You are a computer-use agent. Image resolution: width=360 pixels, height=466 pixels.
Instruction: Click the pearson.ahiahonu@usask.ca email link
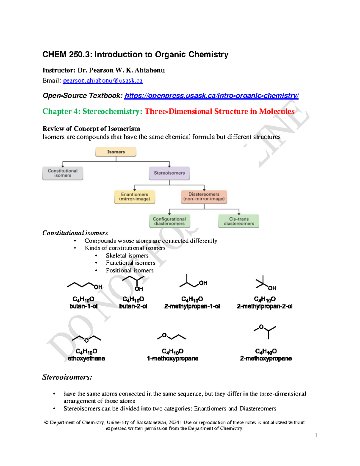point(103,80)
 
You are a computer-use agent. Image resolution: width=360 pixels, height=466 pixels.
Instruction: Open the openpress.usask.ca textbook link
point(211,95)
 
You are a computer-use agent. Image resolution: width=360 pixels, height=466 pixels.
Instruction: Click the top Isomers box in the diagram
point(116,152)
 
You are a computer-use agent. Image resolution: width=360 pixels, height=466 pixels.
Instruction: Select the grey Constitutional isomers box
point(63,173)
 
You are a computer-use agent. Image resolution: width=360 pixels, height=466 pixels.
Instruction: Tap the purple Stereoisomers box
point(169,173)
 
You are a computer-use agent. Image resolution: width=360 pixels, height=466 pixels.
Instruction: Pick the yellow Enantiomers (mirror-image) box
point(135,197)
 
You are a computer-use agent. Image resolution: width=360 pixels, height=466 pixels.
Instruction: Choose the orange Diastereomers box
point(204,197)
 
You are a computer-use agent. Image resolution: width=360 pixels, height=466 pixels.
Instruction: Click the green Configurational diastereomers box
point(169,221)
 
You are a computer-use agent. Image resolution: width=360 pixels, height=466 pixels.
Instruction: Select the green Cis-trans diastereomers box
point(239,221)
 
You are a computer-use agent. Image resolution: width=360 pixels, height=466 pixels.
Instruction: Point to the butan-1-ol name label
point(83,306)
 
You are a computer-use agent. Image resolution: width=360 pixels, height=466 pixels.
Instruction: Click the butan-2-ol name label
point(133,306)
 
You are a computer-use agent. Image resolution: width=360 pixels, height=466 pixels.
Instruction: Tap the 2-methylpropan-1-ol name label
point(192,306)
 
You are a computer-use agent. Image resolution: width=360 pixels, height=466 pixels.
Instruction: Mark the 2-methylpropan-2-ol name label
point(265,306)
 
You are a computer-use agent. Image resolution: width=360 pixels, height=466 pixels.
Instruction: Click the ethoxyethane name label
point(86,359)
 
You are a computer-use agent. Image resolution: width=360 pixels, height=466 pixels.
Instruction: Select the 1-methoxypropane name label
point(172,359)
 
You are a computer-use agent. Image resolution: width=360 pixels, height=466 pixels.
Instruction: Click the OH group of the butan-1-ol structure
point(98,287)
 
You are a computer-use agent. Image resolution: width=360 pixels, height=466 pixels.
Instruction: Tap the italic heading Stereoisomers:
point(67,377)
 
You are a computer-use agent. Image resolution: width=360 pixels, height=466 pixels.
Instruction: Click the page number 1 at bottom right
point(316,435)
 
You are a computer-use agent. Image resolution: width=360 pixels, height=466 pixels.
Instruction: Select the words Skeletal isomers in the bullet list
point(127,256)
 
